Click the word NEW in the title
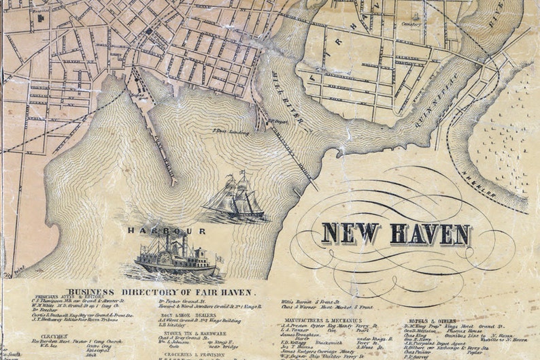tap(351, 233)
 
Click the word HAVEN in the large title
tap(430, 234)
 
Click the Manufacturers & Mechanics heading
tap(322, 320)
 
